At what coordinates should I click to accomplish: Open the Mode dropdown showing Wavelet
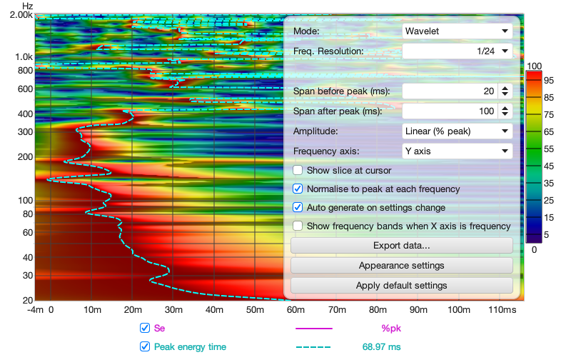point(457,31)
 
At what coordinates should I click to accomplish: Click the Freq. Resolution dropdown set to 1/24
point(457,51)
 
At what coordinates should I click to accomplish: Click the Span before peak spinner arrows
point(505,91)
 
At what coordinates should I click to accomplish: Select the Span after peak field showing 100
point(449,111)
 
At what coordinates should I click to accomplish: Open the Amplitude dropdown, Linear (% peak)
point(457,131)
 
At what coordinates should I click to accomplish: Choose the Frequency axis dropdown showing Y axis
point(457,151)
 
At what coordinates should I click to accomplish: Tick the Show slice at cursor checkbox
point(298,171)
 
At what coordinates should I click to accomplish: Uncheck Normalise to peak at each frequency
point(298,189)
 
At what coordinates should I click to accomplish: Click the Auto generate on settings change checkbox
point(298,208)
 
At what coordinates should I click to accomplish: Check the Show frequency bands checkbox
point(298,226)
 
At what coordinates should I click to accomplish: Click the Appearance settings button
point(402,266)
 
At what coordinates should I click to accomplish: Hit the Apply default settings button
point(402,286)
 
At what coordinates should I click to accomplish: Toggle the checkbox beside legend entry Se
point(145,329)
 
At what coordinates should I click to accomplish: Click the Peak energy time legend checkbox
point(145,347)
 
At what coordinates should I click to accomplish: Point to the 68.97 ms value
point(382,347)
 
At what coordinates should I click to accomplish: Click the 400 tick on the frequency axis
point(26,114)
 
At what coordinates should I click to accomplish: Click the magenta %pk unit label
point(392,329)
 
